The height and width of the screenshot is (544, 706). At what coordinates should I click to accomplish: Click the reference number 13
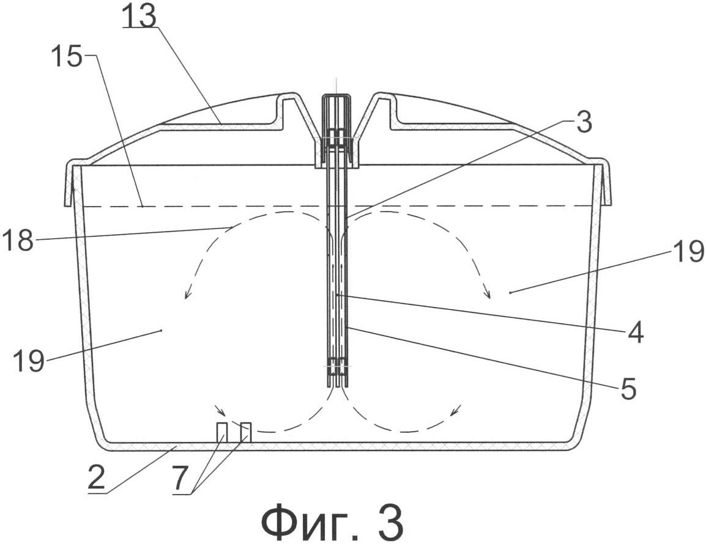(x=139, y=17)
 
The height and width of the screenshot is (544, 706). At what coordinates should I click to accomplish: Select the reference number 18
(x=17, y=240)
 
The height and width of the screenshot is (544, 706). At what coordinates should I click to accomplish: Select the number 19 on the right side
(x=688, y=251)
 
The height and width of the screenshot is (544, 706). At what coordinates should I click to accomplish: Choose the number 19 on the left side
(x=29, y=361)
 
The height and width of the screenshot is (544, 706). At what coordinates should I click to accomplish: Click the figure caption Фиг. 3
(x=332, y=522)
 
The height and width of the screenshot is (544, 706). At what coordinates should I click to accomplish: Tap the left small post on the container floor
(x=221, y=432)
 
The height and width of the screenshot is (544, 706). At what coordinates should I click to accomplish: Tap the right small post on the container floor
(x=246, y=432)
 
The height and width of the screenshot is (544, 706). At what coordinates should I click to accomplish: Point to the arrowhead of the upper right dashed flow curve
(x=488, y=294)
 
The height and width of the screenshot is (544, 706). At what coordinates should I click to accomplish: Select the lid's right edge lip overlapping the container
(x=603, y=182)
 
